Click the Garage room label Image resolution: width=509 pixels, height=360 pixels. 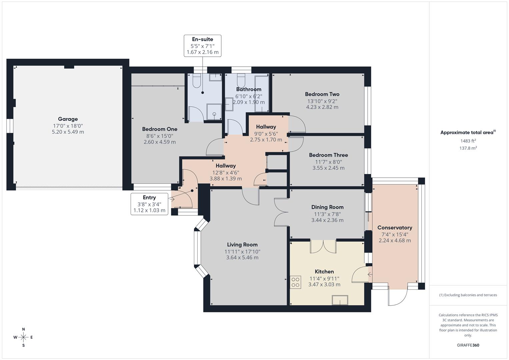[68, 119]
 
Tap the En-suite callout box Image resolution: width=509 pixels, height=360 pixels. [202, 46]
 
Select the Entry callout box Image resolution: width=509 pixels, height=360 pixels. [149, 204]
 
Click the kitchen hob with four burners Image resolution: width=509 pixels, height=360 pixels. [295, 282]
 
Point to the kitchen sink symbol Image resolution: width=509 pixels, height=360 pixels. [340, 300]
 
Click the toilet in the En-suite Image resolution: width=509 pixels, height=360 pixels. [197, 81]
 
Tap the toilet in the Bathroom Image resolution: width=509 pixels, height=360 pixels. [241, 80]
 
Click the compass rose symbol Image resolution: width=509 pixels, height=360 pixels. [23, 337]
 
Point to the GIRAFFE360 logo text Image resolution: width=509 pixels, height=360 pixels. [468, 345]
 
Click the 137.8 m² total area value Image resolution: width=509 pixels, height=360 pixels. [468, 148]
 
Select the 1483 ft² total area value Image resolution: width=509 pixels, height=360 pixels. [468, 141]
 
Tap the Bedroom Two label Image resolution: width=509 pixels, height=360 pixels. [322, 94]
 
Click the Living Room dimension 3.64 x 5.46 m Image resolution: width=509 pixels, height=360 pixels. [242, 258]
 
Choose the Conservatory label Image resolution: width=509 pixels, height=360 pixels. [395, 228]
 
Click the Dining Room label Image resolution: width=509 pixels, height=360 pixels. [327, 207]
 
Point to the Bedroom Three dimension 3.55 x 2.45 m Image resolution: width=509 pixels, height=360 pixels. [328, 168]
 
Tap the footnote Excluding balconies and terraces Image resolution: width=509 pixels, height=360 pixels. [468, 295]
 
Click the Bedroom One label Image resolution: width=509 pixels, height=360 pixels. [160, 129]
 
